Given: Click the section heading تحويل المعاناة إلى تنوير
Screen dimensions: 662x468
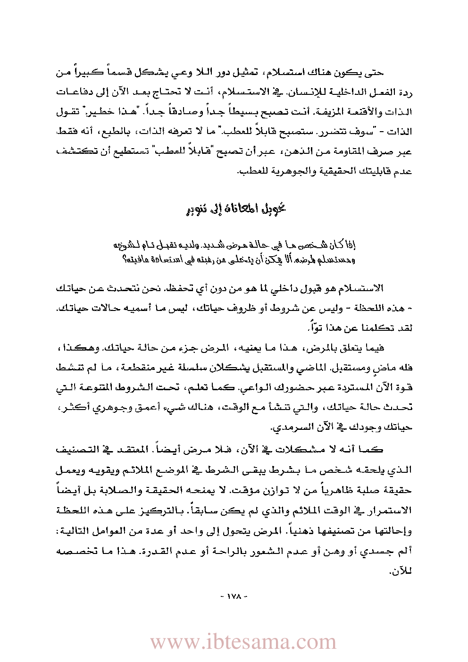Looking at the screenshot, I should [x=236, y=208].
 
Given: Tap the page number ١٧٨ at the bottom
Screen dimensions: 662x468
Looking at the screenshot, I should [x=234, y=596].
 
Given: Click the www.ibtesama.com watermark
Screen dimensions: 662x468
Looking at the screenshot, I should [x=243, y=642].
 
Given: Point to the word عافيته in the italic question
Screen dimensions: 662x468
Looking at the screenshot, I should [x=137, y=259].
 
